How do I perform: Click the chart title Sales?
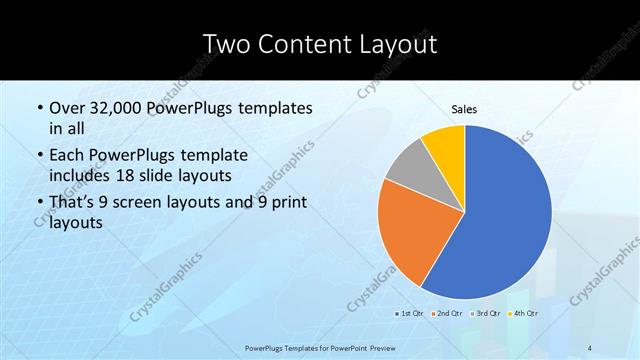[464, 110]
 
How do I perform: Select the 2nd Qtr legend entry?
[448, 314]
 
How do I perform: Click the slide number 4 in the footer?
[591, 347]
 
